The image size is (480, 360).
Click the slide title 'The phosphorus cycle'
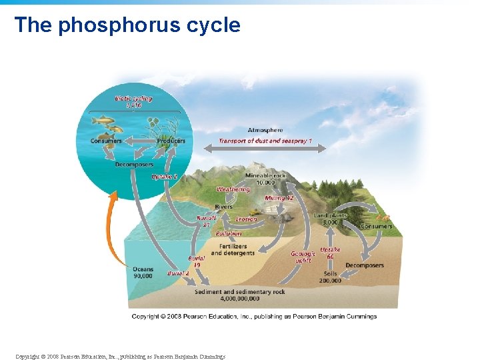click(x=127, y=25)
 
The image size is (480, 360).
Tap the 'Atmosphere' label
click(x=265, y=130)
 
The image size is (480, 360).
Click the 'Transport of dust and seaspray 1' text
click(x=265, y=141)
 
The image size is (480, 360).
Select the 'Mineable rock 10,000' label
click(x=265, y=179)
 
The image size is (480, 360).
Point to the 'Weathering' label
click(x=233, y=189)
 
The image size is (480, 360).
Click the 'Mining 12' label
click(x=279, y=198)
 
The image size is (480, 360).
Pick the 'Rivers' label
click(x=224, y=207)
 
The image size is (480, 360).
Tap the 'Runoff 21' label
click(x=207, y=221)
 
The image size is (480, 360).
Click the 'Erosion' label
click(x=246, y=219)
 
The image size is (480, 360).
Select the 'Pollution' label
click(x=229, y=233)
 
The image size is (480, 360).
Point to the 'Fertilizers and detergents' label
click(x=233, y=249)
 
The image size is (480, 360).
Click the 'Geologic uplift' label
click(x=303, y=257)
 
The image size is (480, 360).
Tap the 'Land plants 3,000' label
click(x=330, y=219)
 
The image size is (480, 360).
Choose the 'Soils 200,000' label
click(x=330, y=277)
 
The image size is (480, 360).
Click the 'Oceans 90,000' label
click(x=143, y=273)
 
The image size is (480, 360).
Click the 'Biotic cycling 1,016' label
click(x=133, y=102)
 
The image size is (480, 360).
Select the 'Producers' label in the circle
click(x=171, y=141)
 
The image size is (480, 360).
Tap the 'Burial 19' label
click(x=197, y=261)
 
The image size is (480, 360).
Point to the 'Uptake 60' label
click(x=330, y=253)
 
